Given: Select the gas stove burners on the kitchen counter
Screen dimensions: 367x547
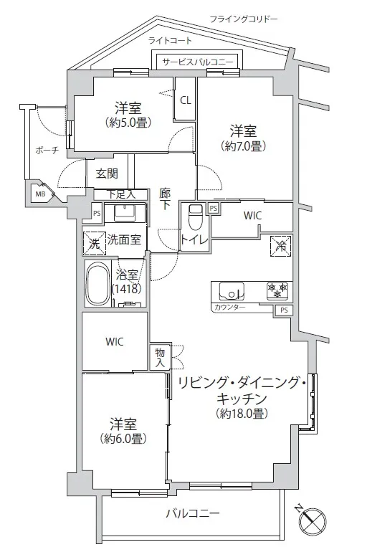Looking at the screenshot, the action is pyautogui.click(x=277, y=290).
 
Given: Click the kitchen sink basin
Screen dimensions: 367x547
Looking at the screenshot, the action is pyautogui.click(x=232, y=291).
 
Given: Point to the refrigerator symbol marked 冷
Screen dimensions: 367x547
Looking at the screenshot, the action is pyautogui.click(x=281, y=246).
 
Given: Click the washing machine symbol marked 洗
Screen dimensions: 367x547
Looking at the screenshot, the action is pyautogui.click(x=94, y=243).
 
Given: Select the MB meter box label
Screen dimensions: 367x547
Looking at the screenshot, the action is pyautogui.click(x=40, y=194).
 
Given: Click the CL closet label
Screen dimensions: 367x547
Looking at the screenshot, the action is pyautogui.click(x=186, y=100).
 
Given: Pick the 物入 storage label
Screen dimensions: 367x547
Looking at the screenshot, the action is pyautogui.click(x=160, y=357).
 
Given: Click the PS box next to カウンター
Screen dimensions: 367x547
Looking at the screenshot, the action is pyautogui.click(x=285, y=310).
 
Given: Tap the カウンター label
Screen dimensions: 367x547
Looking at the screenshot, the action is pyautogui.click(x=229, y=308).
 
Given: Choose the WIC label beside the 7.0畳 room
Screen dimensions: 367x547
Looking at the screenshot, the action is pyautogui.click(x=252, y=216).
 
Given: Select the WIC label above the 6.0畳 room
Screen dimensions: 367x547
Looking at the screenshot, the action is pyautogui.click(x=115, y=341).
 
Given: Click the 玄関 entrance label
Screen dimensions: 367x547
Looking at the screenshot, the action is pyautogui.click(x=107, y=173).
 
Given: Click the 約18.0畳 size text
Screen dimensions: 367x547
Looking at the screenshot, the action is pyautogui.click(x=242, y=414).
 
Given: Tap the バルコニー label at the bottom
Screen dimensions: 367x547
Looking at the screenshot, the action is pyautogui.click(x=193, y=513).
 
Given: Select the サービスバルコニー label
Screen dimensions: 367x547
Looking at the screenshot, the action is pyautogui.click(x=197, y=62).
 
